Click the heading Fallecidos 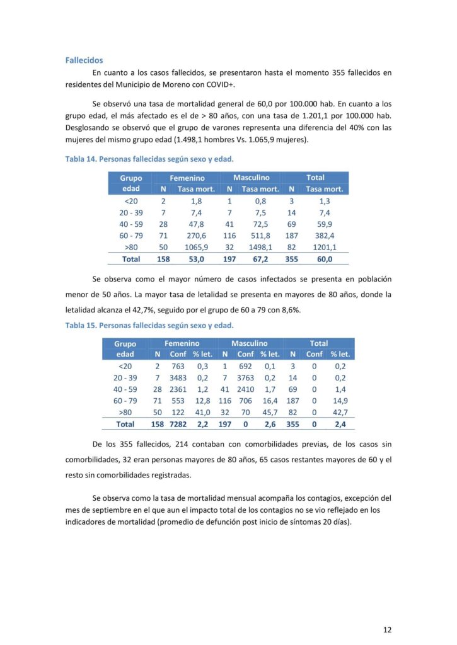click(x=84, y=60)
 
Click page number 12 click(x=387, y=629)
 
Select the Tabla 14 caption click(x=149, y=159)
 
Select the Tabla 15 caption click(x=149, y=326)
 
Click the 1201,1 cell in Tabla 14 click(x=324, y=248)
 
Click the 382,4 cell click(x=324, y=236)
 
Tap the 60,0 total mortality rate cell click(x=324, y=259)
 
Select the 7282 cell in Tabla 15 click(x=178, y=425)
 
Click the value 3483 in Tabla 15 click(x=178, y=378)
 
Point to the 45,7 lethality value click(x=270, y=413)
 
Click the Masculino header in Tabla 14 click(x=252, y=178)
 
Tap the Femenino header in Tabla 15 click(x=182, y=343)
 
